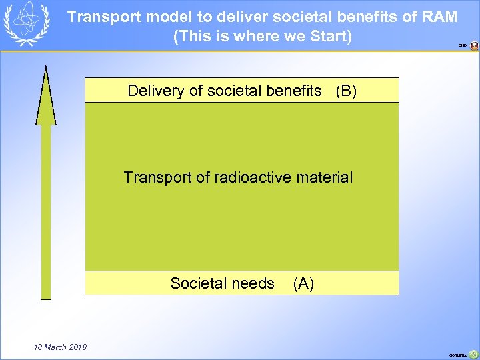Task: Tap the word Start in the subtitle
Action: (x=329, y=36)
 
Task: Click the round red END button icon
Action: (x=474, y=46)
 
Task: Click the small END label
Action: (x=462, y=46)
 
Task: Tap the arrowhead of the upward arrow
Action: (x=45, y=93)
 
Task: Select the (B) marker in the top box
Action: (x=346, y=91)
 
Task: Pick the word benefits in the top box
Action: (x=293, y=91)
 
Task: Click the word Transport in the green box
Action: (x=153, y=177)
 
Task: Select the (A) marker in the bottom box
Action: (x=303, y=283)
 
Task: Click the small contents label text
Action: (x=457, y=355)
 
